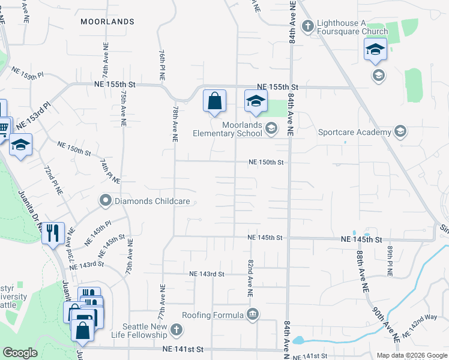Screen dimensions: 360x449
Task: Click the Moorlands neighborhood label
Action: coord(107,22)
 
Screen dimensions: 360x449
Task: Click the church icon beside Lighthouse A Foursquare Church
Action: coord(307,26)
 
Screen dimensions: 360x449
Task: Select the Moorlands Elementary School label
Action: coord(228,128)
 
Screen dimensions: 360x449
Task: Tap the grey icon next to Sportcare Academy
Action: coord(400,132)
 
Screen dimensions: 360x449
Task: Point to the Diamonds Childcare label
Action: coord(145,201)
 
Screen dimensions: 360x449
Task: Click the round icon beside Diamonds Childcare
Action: coord(106,200)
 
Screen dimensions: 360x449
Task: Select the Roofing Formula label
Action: coord(214,314)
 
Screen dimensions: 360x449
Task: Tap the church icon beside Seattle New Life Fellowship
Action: coord(176,329)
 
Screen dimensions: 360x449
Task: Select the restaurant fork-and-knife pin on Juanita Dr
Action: coord(52,232)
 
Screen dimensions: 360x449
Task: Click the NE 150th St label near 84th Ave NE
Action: coord(266,163)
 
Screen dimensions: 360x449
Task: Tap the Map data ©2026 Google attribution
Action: coord(411,355)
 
